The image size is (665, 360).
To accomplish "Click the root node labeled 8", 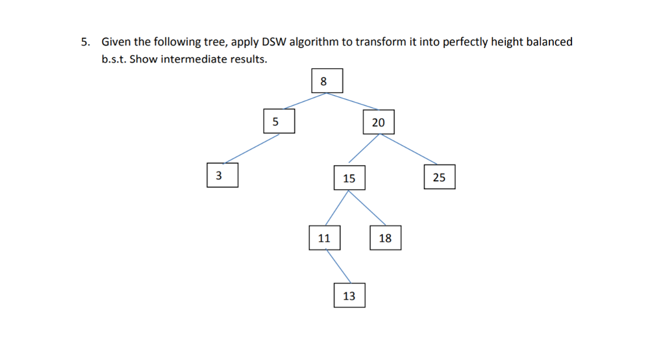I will [x=327, y=81].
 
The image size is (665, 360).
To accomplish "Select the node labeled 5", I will [x=279, y=121].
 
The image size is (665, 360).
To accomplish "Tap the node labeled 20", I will [x=379, y=123].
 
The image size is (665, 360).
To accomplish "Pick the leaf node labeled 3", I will [x=222, y=175].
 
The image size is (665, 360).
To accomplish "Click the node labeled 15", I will [x=349, y=178].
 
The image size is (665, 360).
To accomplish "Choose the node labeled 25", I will [x=440, y=177].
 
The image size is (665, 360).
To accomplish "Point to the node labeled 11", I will [x=324, y=238].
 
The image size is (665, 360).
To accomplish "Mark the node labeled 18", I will [x=385, y=238].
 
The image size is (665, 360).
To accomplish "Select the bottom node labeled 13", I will [x=349, y=296].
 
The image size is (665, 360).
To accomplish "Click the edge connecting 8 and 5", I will [x=305, y=101].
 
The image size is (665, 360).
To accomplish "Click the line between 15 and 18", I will [x=368, y=207].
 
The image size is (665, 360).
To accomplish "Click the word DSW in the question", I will [x=273, y=42].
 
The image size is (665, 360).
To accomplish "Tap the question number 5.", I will [x=85, y=42].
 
